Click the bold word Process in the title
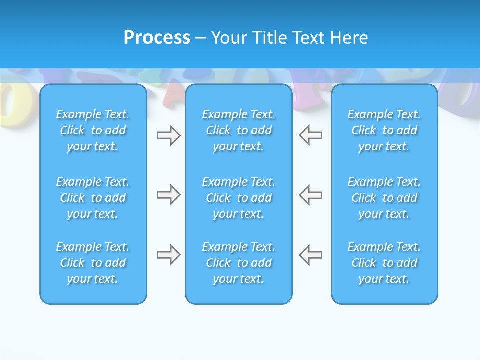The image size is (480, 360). (x=157, y=38)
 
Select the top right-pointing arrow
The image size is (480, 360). (x=168, y=135)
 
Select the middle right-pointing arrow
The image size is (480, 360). (x=168, y=195)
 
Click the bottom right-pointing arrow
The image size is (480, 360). (x=168, y=255)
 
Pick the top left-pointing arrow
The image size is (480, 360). (x=311, y=135)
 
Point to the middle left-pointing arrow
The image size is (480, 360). (x=311, y=195)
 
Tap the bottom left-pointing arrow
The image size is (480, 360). (x=311, y=255)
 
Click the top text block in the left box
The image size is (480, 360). (x=93, y=130)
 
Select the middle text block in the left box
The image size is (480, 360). (x=93, y=198)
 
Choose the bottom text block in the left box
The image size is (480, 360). (x=93, y=263)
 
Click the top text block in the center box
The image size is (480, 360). (x=238, y=130)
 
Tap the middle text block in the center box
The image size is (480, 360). (x=238, y=198)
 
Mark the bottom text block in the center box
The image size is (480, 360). (x=238, y=263)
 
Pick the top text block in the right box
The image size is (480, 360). (x=384, y=130)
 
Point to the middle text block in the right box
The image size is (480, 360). (x=384, y=198)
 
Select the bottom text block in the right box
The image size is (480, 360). (x=384, y=263)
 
